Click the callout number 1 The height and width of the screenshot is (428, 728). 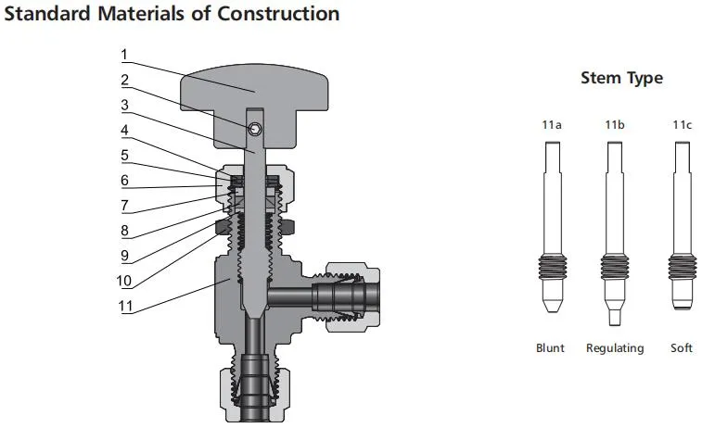pos(124,55)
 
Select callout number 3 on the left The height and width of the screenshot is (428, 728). pos(124,105)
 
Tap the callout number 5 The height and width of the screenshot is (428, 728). pos(124,155)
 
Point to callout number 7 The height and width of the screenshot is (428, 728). pos(124,206)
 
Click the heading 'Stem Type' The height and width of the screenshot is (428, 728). pos(621,78)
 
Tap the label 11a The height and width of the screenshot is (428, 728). pos(552,123)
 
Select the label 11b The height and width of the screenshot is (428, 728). pos(614,123)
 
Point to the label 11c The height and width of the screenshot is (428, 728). pos(682,123)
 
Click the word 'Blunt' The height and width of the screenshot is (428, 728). pos(550,348)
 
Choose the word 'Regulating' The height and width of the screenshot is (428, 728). pos(614,348)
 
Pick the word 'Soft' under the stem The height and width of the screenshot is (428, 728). pos(682,348)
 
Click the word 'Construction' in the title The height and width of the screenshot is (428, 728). pos(277,14)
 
